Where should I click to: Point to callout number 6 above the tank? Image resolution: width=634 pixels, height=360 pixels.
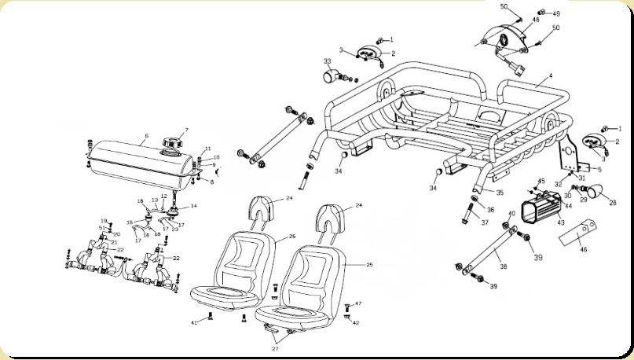click(146, 135)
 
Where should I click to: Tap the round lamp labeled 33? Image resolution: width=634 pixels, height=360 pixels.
click(329, 75)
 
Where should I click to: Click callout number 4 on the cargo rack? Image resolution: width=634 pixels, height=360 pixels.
click(550, 76)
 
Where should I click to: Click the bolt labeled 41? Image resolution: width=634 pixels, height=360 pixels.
click(211, 317)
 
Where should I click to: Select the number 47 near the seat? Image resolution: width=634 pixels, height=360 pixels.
click(358, 303)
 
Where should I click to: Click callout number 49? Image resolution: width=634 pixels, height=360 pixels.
click(556, 13)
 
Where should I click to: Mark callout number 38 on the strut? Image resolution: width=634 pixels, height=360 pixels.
click(504, 267)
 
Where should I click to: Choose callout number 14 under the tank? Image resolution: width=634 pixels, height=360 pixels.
click(194, 206)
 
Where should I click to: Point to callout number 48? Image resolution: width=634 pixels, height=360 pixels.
click(537, 19)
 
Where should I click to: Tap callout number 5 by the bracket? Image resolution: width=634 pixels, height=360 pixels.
click(600, 169)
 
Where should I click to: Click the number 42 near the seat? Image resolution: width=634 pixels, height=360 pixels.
click(356, 322)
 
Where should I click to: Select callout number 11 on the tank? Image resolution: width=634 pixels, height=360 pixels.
click(208, 149)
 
